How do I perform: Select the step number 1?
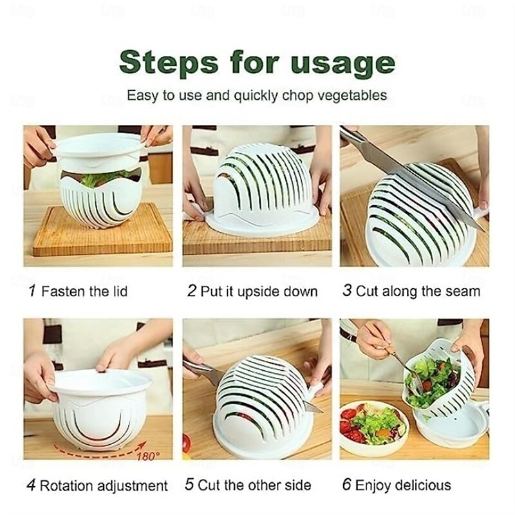pyautogui.click(x=32, y=291)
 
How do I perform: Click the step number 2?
pyautogui.click(x=191, y=291)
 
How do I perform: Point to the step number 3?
pyautogui.click(x=348, y=291)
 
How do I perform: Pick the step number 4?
pyautogui.click(x=31, y=485)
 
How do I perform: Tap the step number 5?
pyautogui.click(x=189, y=485)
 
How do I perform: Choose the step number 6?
pyautogui.click(x=347, y=485)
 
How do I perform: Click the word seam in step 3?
pyautogui.click(x=463, y=291)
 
